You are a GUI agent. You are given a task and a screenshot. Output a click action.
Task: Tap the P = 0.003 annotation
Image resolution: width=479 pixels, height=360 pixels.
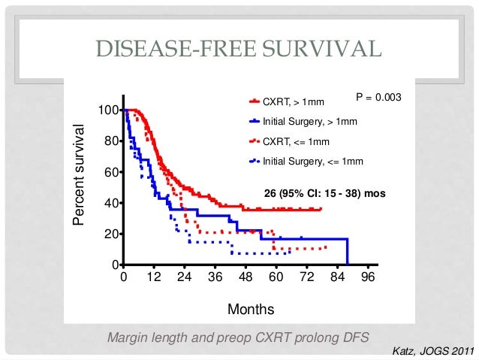coord(379,98)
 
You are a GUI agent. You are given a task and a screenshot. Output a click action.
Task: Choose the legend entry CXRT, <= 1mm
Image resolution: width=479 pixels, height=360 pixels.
coord(294,141)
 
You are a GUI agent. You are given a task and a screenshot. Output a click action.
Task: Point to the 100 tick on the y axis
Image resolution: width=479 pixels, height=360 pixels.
coord(104,110)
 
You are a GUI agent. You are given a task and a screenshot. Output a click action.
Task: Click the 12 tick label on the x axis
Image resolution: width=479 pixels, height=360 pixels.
coord(154,277)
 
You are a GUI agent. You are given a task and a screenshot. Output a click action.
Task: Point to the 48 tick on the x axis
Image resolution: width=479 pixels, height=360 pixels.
coord(245,277)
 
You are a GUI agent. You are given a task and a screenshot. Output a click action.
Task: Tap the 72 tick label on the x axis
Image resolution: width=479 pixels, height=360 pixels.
coord(306,277)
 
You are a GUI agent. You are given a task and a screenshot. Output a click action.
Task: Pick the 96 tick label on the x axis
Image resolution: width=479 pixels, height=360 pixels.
coord(367,277)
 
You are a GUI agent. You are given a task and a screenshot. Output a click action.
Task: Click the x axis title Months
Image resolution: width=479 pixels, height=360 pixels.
coord(251,309)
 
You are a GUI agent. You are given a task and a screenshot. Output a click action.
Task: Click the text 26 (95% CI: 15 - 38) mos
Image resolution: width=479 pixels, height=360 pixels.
coord(325,193)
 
